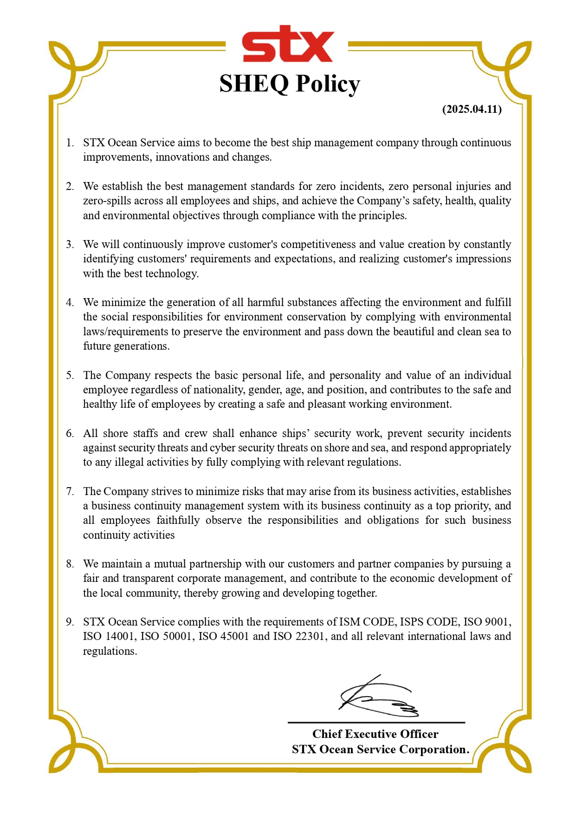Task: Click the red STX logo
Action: [x=288, y=45]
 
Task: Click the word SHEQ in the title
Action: [x=253, y=84]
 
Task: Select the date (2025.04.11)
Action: [x=472, y=109]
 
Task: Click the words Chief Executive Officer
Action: [x=375, y=734]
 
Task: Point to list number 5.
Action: [x=70, y=375]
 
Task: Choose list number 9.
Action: [x=70, y=622]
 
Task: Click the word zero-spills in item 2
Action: [x=107, y=201]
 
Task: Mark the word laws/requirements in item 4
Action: [x=125, y=332]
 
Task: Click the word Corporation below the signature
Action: [x=434, y=750]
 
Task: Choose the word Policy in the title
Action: [x=328, y=84]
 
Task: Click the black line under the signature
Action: [x=376, y=723]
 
